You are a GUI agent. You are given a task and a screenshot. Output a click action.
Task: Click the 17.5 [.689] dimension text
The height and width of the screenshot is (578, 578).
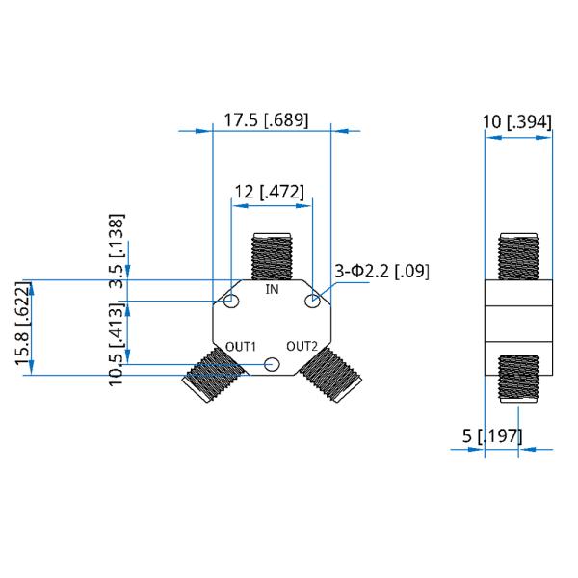point(266,120)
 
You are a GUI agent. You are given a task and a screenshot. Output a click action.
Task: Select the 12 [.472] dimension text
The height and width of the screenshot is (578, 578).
point(270,192)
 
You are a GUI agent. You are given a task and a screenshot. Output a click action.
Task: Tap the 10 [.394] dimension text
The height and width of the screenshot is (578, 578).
point(517,122)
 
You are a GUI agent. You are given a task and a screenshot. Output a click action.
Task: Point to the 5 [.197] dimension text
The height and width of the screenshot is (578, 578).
point(492,436)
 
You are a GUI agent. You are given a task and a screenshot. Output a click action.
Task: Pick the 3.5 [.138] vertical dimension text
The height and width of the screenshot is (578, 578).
point(117,250)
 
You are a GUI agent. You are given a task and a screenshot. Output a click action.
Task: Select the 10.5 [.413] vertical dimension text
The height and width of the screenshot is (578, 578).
point(117,344)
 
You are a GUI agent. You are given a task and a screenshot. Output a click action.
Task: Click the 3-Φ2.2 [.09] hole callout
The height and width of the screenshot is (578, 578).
point(381,272)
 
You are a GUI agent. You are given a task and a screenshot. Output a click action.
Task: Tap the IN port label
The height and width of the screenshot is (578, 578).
point(272,289)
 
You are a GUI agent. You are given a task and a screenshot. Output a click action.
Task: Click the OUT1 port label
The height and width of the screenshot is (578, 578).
point(240,347)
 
